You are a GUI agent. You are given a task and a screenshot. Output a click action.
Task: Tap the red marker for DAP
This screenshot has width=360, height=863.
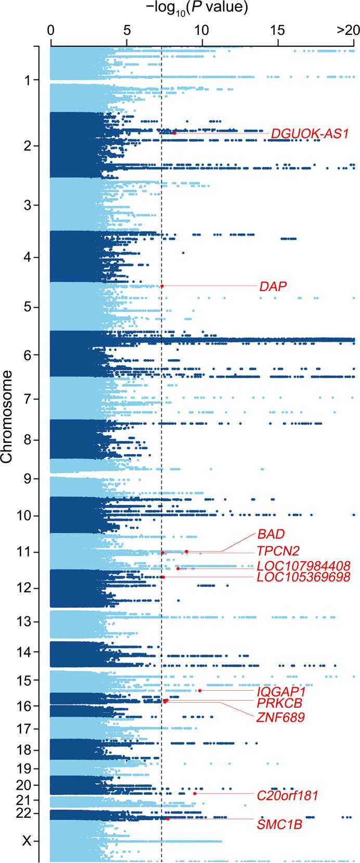click(x=162, y=286)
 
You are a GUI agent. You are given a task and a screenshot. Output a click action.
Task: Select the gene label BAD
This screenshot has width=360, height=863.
click(x=271, y=535)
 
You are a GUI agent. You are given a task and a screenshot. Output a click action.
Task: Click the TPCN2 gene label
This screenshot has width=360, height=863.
click(x=278, y=551)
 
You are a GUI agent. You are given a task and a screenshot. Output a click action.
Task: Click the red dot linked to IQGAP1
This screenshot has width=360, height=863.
click(x=200, y=691)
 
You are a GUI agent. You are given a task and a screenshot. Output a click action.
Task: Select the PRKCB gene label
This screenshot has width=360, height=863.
click(x=280, y=703)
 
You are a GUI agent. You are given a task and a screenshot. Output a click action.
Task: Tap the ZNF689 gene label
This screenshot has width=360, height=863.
click(x=280, y=718)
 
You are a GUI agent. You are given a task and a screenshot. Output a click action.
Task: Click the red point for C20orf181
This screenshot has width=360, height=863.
click(x=195, y=793)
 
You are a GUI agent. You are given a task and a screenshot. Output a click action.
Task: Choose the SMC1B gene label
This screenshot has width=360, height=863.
click(x=279, y=824)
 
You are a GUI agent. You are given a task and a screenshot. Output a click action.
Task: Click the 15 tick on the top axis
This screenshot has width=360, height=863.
click(x=278, y=30)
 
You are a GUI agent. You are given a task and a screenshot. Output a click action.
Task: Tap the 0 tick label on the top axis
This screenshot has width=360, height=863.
click(x=50, y=30)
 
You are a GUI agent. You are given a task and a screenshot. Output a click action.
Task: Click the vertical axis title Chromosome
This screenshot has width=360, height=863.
click(x=7, y=417)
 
